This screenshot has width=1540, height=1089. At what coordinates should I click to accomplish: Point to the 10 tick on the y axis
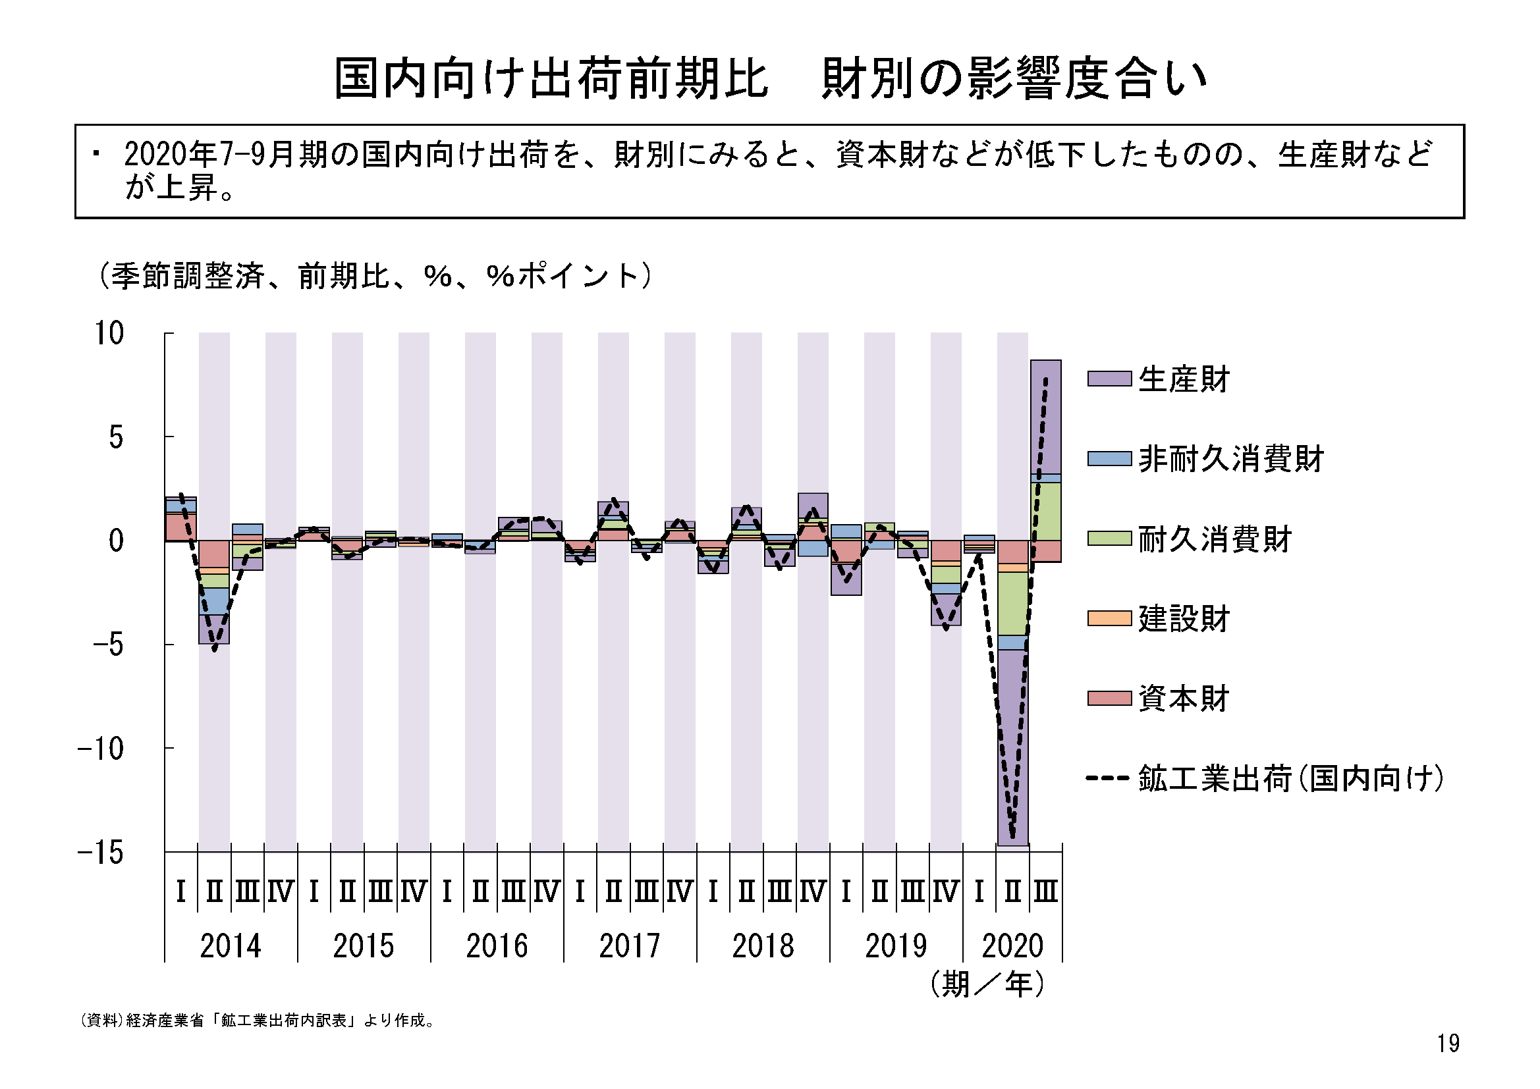tap(109, 333)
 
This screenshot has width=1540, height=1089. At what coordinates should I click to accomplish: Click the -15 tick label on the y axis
tap(101, 852)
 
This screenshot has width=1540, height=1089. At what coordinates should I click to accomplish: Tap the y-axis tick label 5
tap(116, 437)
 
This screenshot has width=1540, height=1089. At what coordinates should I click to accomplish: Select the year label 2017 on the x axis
tap(629, 945)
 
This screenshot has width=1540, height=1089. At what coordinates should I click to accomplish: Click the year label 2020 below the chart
tap(1012, 945)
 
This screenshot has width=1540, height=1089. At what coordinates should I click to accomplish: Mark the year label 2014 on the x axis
tap(230, 945)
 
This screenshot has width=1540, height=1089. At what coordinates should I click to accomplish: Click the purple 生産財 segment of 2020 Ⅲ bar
tap(1046, 415)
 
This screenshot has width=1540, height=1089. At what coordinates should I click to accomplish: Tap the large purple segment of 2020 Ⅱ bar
tap(1012, 745)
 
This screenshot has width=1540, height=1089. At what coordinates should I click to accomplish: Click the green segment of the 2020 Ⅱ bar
tap(1012, 604)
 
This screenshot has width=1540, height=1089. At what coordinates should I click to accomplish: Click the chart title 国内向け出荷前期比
tap(550, 78)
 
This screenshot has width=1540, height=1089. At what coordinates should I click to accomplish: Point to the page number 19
tap(1448, 1044)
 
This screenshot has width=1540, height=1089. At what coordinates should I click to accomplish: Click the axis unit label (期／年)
tap(987, 984)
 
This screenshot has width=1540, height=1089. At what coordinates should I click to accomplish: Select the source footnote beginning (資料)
tap(258, 1021)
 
